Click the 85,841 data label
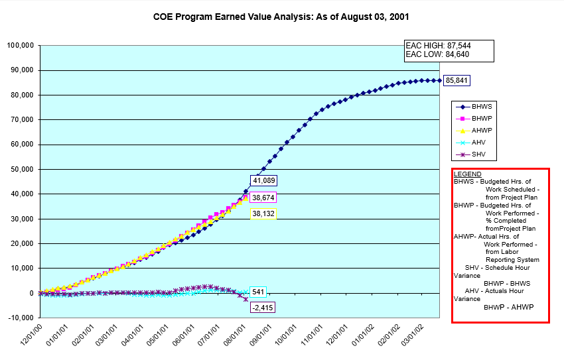[456, 81]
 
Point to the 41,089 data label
[263, 180]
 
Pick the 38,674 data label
[263, 198]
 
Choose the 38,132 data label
[263, 213]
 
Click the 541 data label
[259, 292]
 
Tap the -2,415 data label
[263, 308]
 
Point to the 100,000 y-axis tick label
[21, 46]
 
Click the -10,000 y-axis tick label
[21, 318]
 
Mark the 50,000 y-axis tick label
[23, 169]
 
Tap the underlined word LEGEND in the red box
[468, 174]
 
